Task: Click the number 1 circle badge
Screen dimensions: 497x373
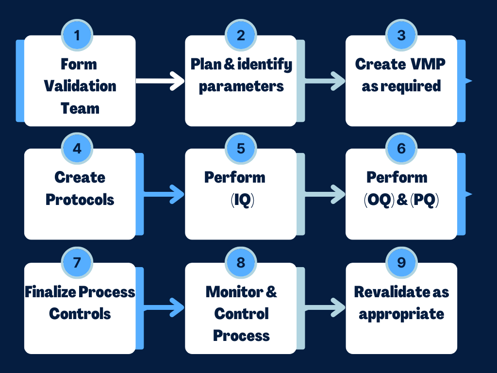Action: (77, 35)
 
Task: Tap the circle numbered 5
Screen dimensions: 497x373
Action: (241, 149)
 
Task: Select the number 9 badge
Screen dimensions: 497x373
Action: (401, 263)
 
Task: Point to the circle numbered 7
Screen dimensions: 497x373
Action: (77, 263)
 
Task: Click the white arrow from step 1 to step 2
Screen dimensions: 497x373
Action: (160, 81)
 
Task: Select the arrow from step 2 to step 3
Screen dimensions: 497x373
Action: (325, 81)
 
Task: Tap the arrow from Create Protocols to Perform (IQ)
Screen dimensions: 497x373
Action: (164, 194)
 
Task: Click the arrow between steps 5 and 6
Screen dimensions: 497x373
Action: (325, 194)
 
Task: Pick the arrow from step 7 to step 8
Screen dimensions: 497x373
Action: (164, 307)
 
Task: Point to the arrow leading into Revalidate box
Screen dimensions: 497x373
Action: (325, 307)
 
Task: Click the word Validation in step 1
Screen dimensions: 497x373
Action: (80, 86)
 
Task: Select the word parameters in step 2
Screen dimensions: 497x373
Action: (241, 86)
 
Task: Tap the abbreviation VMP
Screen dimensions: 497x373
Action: (428, 64)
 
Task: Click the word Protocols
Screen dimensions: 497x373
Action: (80, 200)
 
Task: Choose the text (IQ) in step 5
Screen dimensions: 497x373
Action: (243, 200)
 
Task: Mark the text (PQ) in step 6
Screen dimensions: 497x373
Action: (424, 200)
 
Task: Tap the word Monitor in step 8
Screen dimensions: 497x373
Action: (234, 292)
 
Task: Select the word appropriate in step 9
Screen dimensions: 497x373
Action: (401, 314)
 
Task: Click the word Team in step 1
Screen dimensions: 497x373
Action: (80, 108)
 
